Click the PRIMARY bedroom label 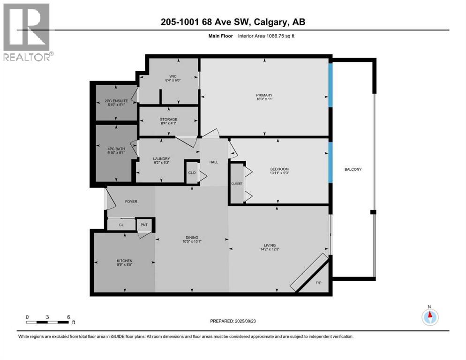[x=264, y=95]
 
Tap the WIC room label [x=169, y=76]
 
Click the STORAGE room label [x=169, y=120]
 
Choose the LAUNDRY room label [x=161, y=158]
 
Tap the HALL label [x=214, y=162]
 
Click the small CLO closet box [x=192, y=172]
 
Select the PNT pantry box [x=144, y=225]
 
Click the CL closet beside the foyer [x=121, y=225]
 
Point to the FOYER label [x=131, y=202]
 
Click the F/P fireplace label [x=319, y=283]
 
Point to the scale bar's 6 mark [x=68, y=317]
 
